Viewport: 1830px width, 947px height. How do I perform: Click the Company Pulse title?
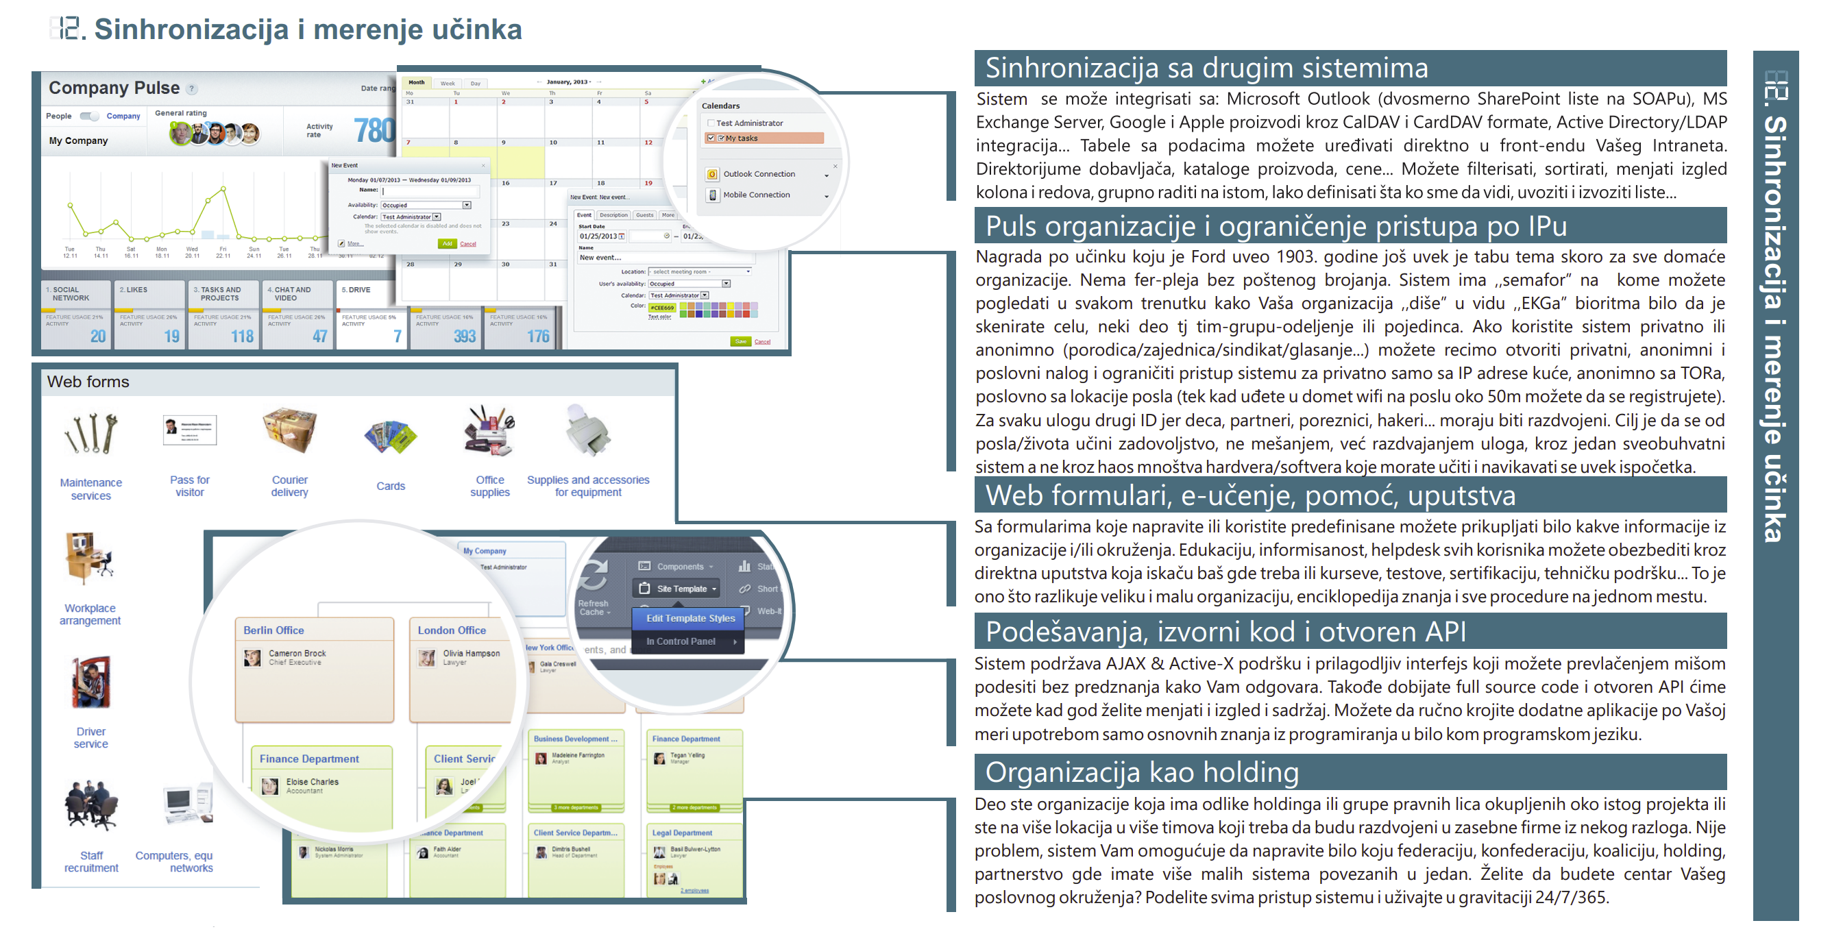click(x=114, y=88)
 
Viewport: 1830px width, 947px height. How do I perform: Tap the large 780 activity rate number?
click(x=374, y=130)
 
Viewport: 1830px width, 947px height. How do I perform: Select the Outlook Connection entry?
click(x=758, y=174)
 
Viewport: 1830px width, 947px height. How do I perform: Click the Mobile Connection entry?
click(x=756, y=195)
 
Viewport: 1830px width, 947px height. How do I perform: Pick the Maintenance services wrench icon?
click(x=91, y=433)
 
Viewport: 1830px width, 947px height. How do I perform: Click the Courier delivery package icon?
click(x=289, y=430)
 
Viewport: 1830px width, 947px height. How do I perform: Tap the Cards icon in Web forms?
click(x=390, y=436)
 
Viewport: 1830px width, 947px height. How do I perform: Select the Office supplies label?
click(x=489, y=486)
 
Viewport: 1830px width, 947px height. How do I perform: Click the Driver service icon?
click(x=91, y=682)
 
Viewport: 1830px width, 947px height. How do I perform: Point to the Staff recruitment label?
click(x=91, y=861)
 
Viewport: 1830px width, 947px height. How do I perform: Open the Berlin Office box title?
click(x=273, y=630)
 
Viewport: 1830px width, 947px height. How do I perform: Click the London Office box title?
click(x=451, y=630)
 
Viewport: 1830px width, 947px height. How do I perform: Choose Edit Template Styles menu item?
click(x=690, y=618)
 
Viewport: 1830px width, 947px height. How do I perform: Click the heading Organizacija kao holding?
click(x=1141, y=772)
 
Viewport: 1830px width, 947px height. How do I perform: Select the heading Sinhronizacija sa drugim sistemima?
click(x=1206, y=69)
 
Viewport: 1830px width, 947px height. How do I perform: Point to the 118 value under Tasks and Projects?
click(x=241, y=336)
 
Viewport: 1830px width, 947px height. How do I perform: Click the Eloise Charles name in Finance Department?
click(x=312, y=781)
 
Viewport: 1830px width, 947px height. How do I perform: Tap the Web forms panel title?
click(x=88, y=382)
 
